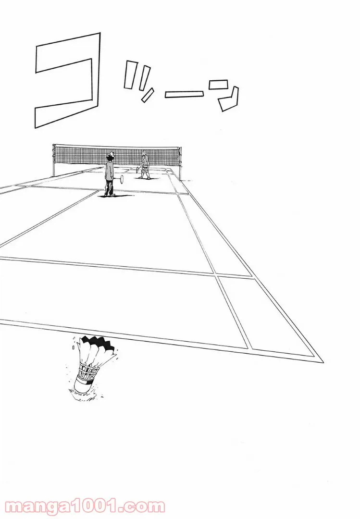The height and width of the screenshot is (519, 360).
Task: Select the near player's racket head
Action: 122,179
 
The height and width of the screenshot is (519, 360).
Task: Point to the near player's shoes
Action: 109,195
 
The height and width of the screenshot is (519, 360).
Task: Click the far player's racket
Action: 138,169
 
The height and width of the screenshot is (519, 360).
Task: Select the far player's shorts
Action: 145,168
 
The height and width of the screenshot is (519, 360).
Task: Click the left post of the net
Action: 54,161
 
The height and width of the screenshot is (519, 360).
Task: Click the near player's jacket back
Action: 109,172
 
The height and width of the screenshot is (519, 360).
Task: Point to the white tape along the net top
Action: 117,145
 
